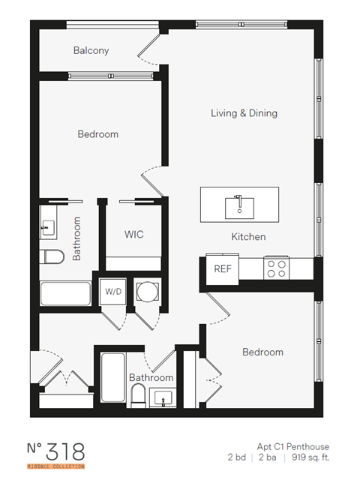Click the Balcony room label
pyautogui.click(x=91, y=51)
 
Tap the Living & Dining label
pyautogui.click(x=244, y=113)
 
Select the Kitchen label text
pyautogui.click(x=247, y=237)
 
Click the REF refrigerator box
pyautogui.click(x=223, y=268)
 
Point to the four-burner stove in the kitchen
pyautogui.click(x=276, y=268)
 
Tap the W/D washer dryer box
pyautogui.click(x=113, y=291)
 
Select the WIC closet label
pyautogui.click(x=134, y=235)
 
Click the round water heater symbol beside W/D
pyautogui.click(x=147, y=291)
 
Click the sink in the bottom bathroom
pyautogui.click(x=163, y=397)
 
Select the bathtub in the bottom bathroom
pyautogui.click(x=110, y=379)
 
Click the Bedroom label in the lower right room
pyautogui.click(x=262, y=352)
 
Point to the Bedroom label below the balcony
pyautogui.click(x=98, y=134)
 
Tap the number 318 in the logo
pyautogui.click(x=66, y=452)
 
